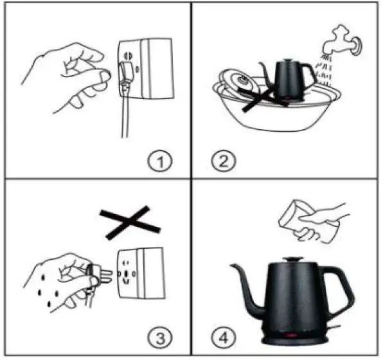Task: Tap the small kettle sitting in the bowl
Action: point(292,80)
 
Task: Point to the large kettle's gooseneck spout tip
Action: point(233,267)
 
